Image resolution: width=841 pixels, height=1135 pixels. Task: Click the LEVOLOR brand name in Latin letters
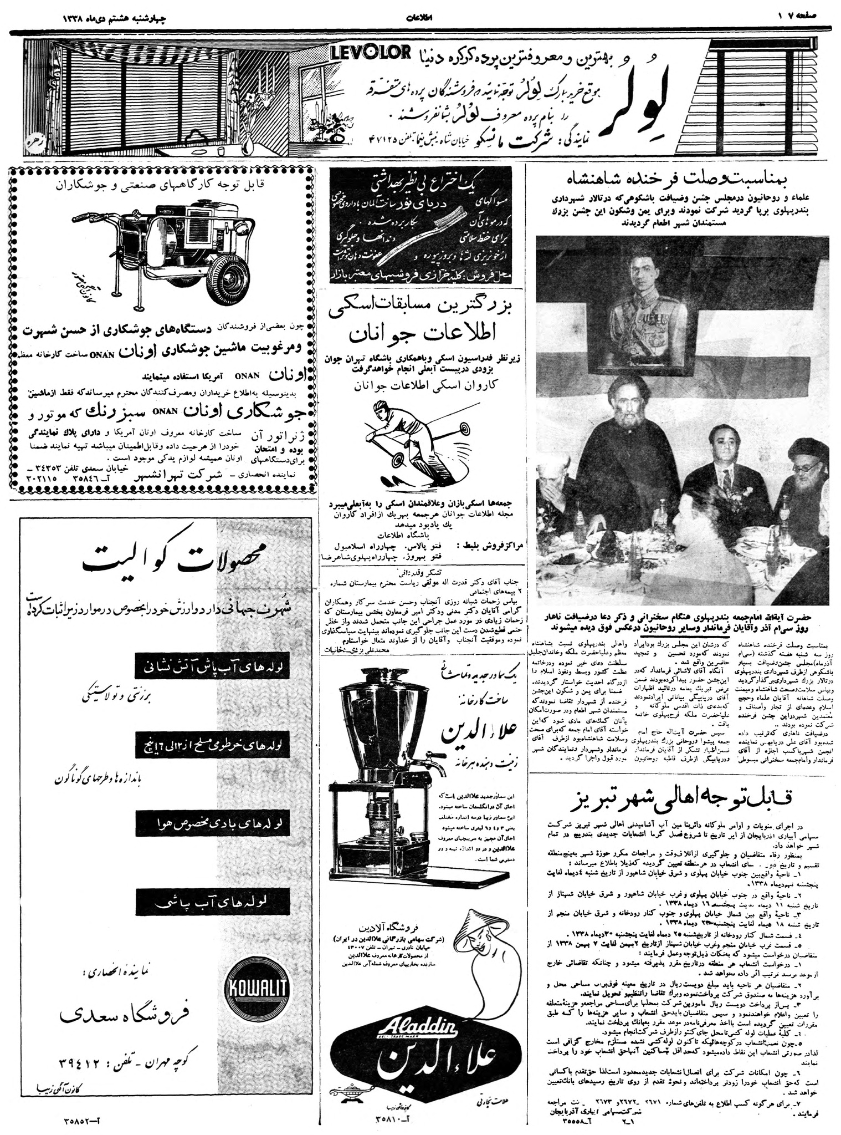tap(370, 53)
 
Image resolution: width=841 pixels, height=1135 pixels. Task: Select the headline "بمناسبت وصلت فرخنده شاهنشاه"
tap(681, 180)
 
